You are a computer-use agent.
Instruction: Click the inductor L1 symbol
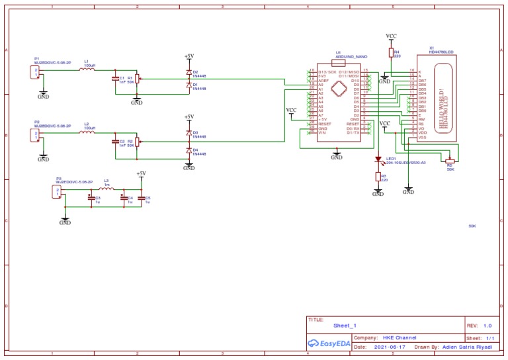pos(87,69)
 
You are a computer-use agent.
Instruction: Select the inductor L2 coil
pos(87,132)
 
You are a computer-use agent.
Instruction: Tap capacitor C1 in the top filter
pos(116,78)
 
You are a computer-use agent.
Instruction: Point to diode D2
pos(189,72)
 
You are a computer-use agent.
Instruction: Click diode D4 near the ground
pos(189,152)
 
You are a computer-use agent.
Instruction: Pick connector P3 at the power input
pos(58,192)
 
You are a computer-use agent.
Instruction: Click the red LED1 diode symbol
pos(378,159)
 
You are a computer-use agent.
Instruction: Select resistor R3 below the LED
pos(378,177)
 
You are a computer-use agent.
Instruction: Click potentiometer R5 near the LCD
pos(450,160)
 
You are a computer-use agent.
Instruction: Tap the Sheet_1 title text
pos(345,326)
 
